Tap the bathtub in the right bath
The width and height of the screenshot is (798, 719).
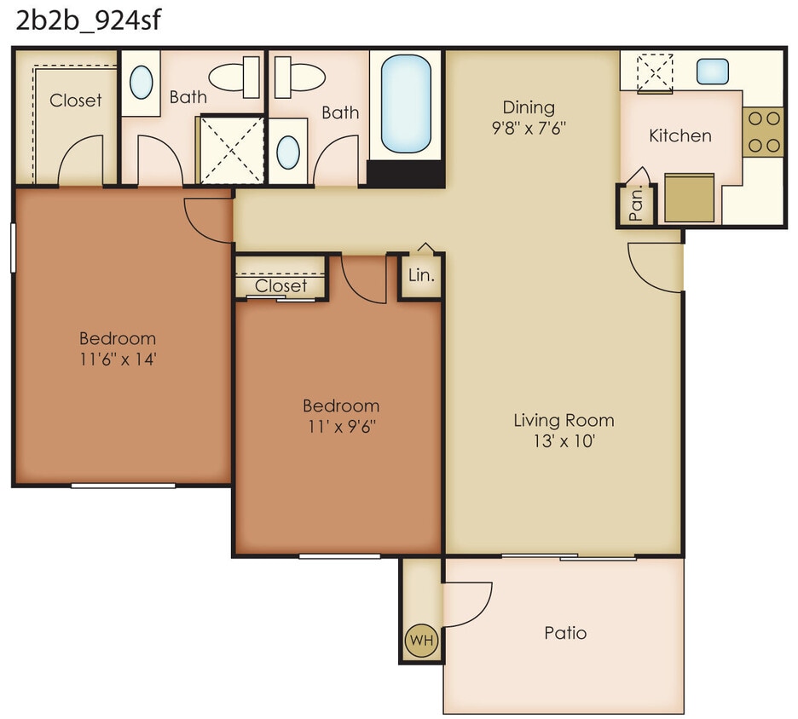[406, 103]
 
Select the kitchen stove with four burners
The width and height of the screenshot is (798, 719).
[765, 133]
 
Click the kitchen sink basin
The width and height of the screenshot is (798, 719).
[712, 72]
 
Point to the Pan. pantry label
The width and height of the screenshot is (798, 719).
[635, 206]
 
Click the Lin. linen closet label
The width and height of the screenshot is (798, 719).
[421, 276]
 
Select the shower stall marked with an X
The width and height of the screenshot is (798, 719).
[232, 148]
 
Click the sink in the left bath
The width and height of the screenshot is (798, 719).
[142, 83]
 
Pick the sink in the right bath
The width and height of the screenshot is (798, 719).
[289, 152]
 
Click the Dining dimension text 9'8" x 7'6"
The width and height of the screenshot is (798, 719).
[529, 128]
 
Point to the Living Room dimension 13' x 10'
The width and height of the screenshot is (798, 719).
[564, 441]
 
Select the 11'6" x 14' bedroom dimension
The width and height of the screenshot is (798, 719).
[118, 359]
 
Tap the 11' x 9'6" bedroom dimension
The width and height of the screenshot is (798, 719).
[341, 426]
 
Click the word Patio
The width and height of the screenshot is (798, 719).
[565, 633]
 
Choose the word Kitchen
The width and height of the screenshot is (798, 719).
[679, 135]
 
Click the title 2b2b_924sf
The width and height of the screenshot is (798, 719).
[88, 20]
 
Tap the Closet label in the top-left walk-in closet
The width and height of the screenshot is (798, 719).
[76, 100]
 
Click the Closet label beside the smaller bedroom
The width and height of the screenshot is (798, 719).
[280, 285]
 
